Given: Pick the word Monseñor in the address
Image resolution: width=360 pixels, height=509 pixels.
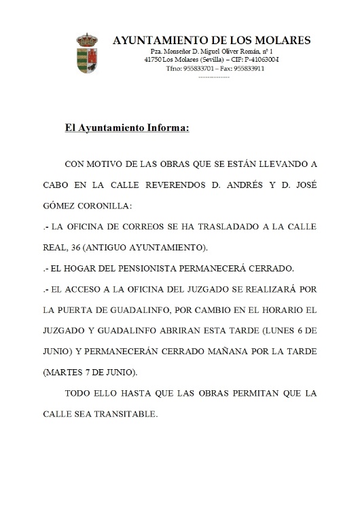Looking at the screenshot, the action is (174, 52).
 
